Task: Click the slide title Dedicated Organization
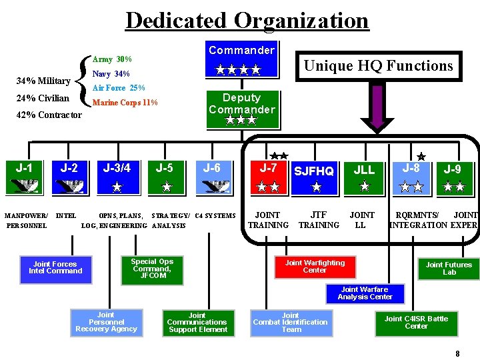coord(247,21)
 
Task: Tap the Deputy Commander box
coord(241,109)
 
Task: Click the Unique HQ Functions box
coord(378,65)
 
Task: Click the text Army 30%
coord(112,59)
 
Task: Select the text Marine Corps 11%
coord(125,103)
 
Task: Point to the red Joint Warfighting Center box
coord(315,267)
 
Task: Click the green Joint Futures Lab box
coord(449,268)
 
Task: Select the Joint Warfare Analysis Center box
coord(365,293)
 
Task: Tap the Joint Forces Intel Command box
coord(55,267)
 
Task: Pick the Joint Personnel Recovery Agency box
coord(106,322)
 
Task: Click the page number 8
coord(457,354)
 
